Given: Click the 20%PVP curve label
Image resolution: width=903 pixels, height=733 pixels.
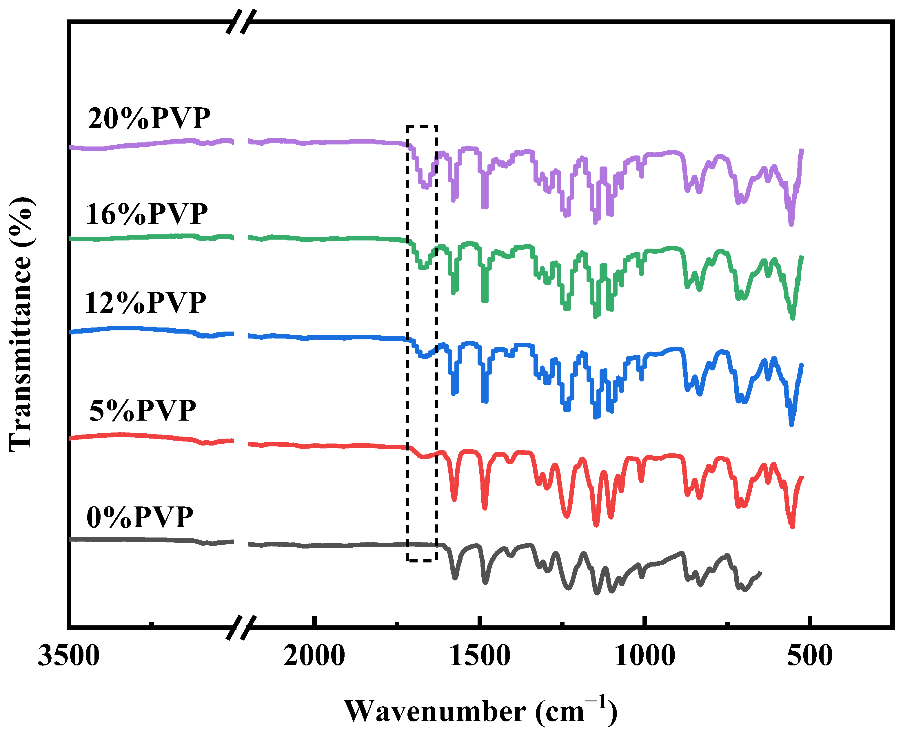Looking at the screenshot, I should (x=149, y=119).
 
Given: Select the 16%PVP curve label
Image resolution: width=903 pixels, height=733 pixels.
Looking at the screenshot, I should (x=147, y=214).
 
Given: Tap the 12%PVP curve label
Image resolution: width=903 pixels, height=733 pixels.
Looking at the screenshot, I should (x=145, y=303).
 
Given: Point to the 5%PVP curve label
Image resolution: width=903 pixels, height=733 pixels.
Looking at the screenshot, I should (x=143, y=410).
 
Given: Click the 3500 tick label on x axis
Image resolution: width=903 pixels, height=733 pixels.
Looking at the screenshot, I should (x=69, y=656).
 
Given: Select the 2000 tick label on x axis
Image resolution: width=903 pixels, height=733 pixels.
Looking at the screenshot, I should (x=314, y=656).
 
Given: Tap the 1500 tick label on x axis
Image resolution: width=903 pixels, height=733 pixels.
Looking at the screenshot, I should (x=479, y=656).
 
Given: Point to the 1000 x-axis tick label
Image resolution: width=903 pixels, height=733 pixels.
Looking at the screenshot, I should (x=644, y=656).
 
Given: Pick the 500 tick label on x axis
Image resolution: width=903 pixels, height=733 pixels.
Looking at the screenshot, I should (x=809, y=656).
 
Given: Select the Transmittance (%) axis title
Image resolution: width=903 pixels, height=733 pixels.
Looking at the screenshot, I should (x=21, y=324).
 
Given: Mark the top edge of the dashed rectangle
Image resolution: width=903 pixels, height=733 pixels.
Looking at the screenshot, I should (x=421, y=126).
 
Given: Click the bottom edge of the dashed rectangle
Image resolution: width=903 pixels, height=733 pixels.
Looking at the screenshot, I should (x=421, y=561).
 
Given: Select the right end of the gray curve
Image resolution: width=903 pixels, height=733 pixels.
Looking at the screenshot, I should (x=760, y=573).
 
